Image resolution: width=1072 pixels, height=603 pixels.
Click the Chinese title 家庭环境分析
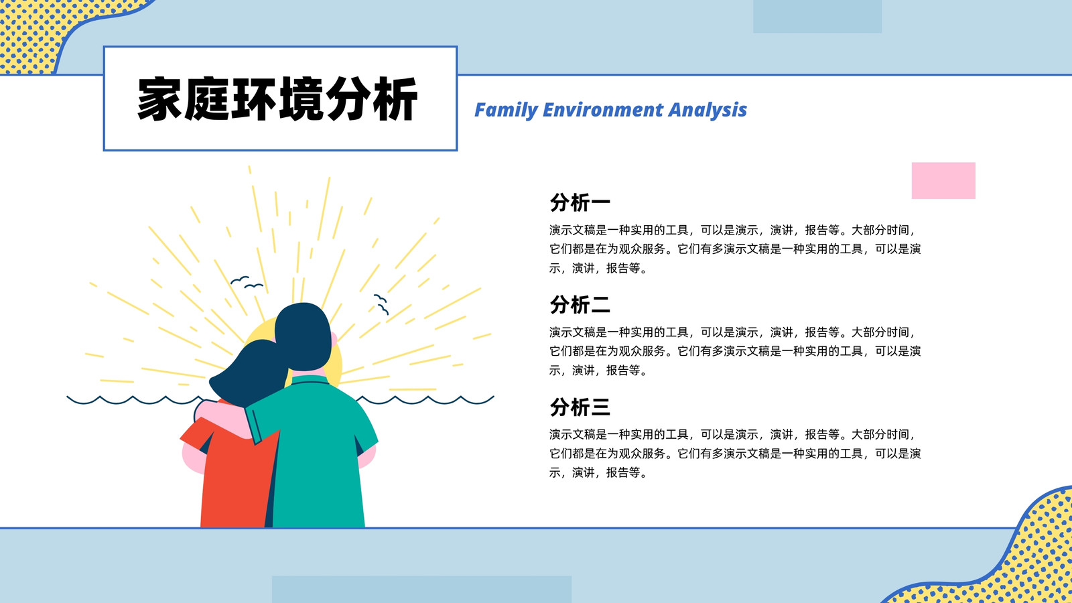coord(277,99)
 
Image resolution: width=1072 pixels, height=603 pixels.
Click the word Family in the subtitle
coord(506,111)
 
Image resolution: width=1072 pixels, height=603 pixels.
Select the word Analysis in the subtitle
coord(708,111)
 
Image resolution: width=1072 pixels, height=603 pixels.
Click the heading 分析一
coord(580,202)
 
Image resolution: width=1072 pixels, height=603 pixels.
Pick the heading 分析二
coord(580,305)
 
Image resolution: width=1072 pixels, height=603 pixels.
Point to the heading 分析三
coord(580,407)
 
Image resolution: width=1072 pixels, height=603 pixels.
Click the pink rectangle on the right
coord(943,180)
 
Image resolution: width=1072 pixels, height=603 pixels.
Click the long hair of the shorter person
coord(249,373)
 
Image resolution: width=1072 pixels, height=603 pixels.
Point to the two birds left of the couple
coord(247,282)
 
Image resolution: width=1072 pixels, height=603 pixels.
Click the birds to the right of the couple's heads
coord(381,304)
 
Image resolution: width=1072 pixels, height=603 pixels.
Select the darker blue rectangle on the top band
coord(817,16)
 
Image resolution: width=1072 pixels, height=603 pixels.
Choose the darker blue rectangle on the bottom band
coord(421,589)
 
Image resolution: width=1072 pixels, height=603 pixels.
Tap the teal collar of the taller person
coord(311,381)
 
